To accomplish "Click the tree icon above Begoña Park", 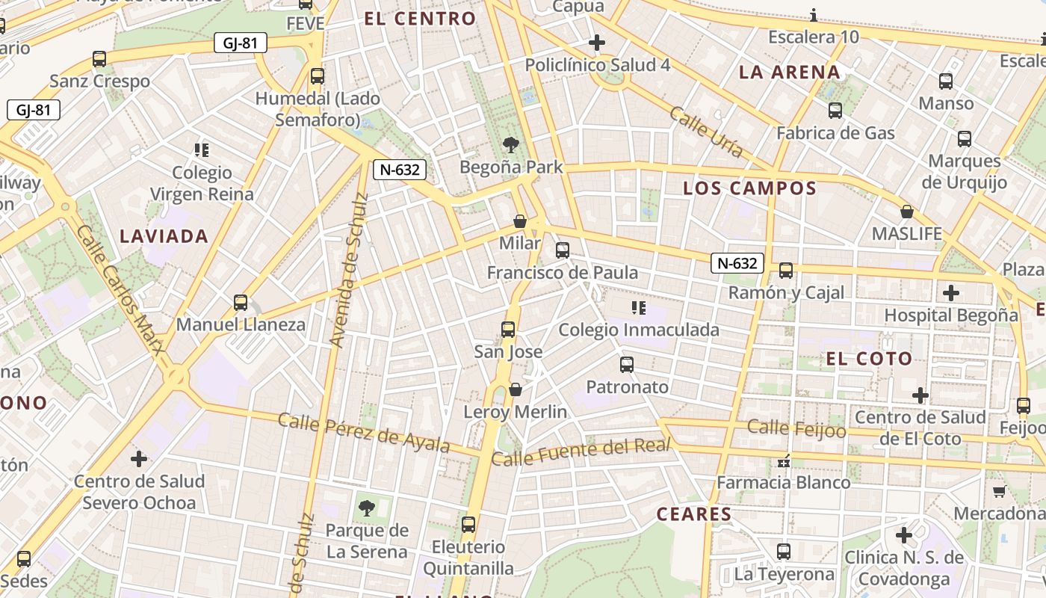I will tap(511, 144).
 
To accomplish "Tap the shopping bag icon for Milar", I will tap(520, 221).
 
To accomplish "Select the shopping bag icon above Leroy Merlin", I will tap(516, 389).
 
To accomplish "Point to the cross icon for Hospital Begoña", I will tap(950, 293).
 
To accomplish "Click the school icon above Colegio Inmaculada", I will tap(638, 307).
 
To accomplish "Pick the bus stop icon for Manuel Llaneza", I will tap(241, 302).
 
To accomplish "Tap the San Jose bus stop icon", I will tap(508, 329).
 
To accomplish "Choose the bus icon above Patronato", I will tap(627, 365).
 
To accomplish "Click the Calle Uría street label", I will tap(706, 132).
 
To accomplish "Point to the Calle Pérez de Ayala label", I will tap(364, 433).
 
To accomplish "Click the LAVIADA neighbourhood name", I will tap(164, 237).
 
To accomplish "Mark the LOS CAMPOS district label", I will tap(749, 188).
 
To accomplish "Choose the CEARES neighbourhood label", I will tap(694, 514).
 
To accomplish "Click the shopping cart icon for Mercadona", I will tap(999, 491).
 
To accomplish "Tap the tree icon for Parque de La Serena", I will tap(367, 508).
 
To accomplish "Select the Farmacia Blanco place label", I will tap(784, 483).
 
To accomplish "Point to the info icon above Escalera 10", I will tap(813, 15).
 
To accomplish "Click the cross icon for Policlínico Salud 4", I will tap(597, 43).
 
